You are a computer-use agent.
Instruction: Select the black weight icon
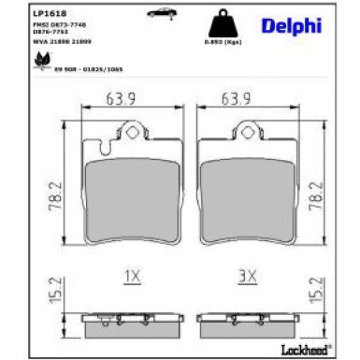(x=219, y=23)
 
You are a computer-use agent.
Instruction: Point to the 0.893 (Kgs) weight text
(x=219, y=43)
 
